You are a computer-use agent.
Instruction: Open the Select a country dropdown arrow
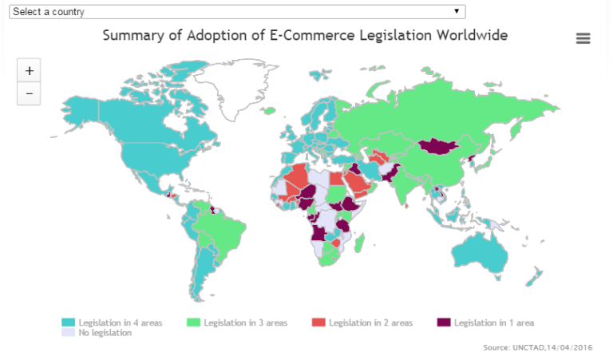pos(456,11)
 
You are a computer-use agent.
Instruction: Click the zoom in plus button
pos(29,70)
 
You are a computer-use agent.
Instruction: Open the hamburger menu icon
pos(583,38)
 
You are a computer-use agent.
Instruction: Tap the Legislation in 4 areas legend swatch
pos(68,322)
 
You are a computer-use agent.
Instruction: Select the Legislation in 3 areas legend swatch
pos(193,322)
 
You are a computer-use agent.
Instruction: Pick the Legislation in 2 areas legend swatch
pos(318,322)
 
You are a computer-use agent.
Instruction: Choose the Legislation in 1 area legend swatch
pos(444,322)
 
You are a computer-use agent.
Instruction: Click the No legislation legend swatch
pos(68,333)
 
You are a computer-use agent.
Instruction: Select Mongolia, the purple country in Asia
pos(435,146)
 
